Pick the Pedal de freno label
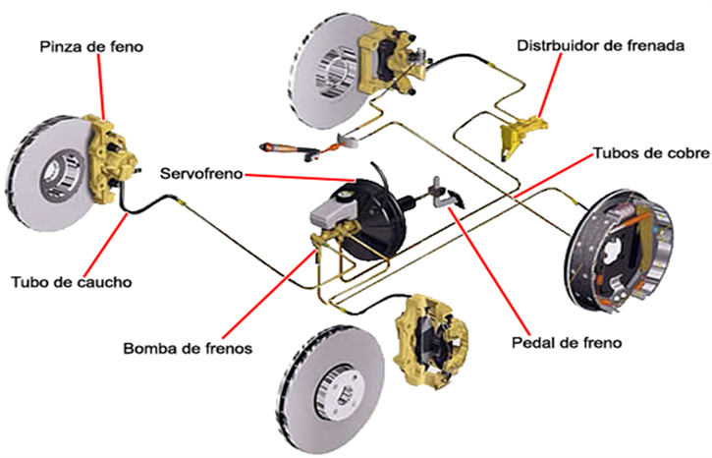[568, 344]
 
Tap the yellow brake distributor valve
[521, 135]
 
